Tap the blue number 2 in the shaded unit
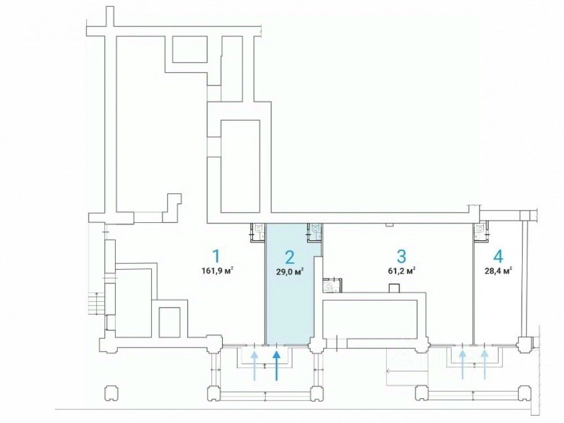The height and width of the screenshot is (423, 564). click(289, 257)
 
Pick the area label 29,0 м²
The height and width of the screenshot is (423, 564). click(289, 271)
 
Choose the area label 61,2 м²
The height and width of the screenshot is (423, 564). click(401, 270)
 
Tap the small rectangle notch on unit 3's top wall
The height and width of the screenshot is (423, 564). click(389, 225)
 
